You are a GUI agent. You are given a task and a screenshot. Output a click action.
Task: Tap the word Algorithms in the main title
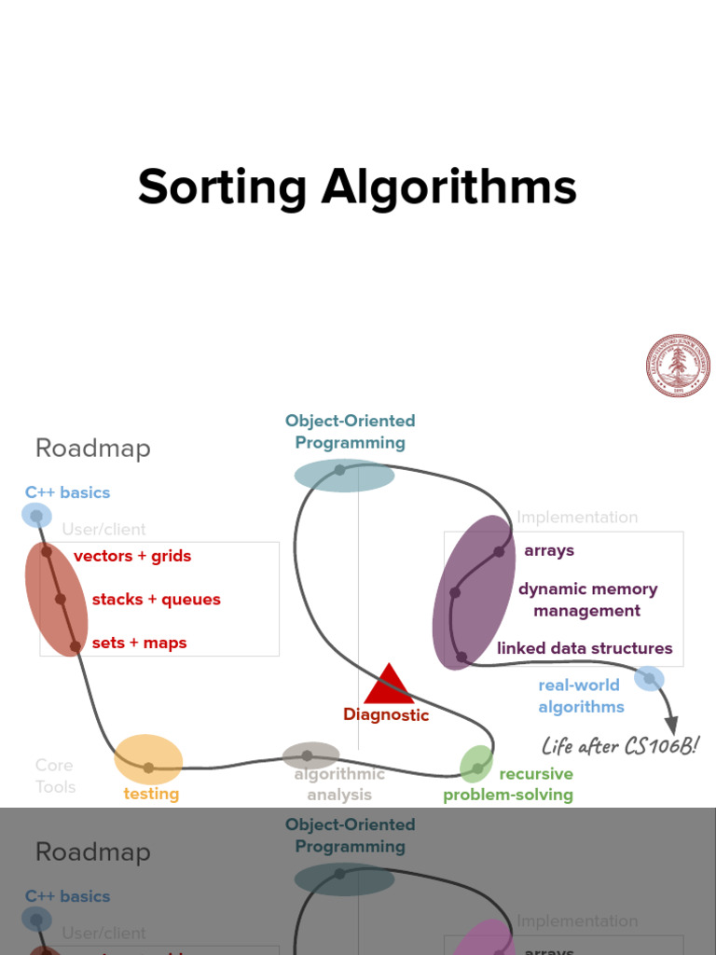pyautogui.click(x=449, y=187)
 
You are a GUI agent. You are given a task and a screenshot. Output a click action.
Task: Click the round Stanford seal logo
pyautogui.click(x=678, y=366)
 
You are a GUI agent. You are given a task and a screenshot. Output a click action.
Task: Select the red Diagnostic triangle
pyautogui.click(x=389, y=685)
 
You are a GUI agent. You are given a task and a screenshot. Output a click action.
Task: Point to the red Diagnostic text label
pyautogui.click(x=386, y=715)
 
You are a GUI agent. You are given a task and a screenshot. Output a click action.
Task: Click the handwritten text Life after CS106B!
pyautogui.click(x=620, y=746)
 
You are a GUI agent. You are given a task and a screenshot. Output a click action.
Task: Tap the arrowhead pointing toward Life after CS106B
pyautogui.click(x=670, y=726)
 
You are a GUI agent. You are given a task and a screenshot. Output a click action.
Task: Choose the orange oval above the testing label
pyautogui.click(x=148, y=759)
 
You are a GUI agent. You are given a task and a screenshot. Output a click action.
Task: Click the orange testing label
pyautogui.click(x=151, y=794)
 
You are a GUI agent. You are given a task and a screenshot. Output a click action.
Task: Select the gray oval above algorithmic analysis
pyautogui.click(x=310, y=755)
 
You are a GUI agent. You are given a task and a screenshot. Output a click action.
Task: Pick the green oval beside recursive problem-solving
pyautogui.click(x=476, y=764)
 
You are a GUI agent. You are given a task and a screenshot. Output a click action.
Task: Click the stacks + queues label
pyautogui.click(x=156, y=600)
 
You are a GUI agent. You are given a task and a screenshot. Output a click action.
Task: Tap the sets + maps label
pyautogui.click(x=139, y=643)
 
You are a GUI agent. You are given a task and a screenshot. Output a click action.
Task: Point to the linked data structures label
pyautogui.click(x=585, y=648)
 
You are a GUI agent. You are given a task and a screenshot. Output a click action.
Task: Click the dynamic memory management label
pyautogui.click(x=587, y=600)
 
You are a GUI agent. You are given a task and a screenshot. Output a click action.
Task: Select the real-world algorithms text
pyautogui.click(x=580, y=696)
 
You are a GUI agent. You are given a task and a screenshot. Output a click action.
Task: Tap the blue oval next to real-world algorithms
pyautogui.click(x=649, y=678)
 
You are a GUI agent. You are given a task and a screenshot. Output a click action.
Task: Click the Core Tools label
pyautogui.click(x=55, y=776)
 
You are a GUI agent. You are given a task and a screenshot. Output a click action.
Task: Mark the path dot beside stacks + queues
pyautogui.click(x=61, y=599)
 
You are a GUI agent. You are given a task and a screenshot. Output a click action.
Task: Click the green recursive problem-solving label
pyautogui.click(x=508, y=784)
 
